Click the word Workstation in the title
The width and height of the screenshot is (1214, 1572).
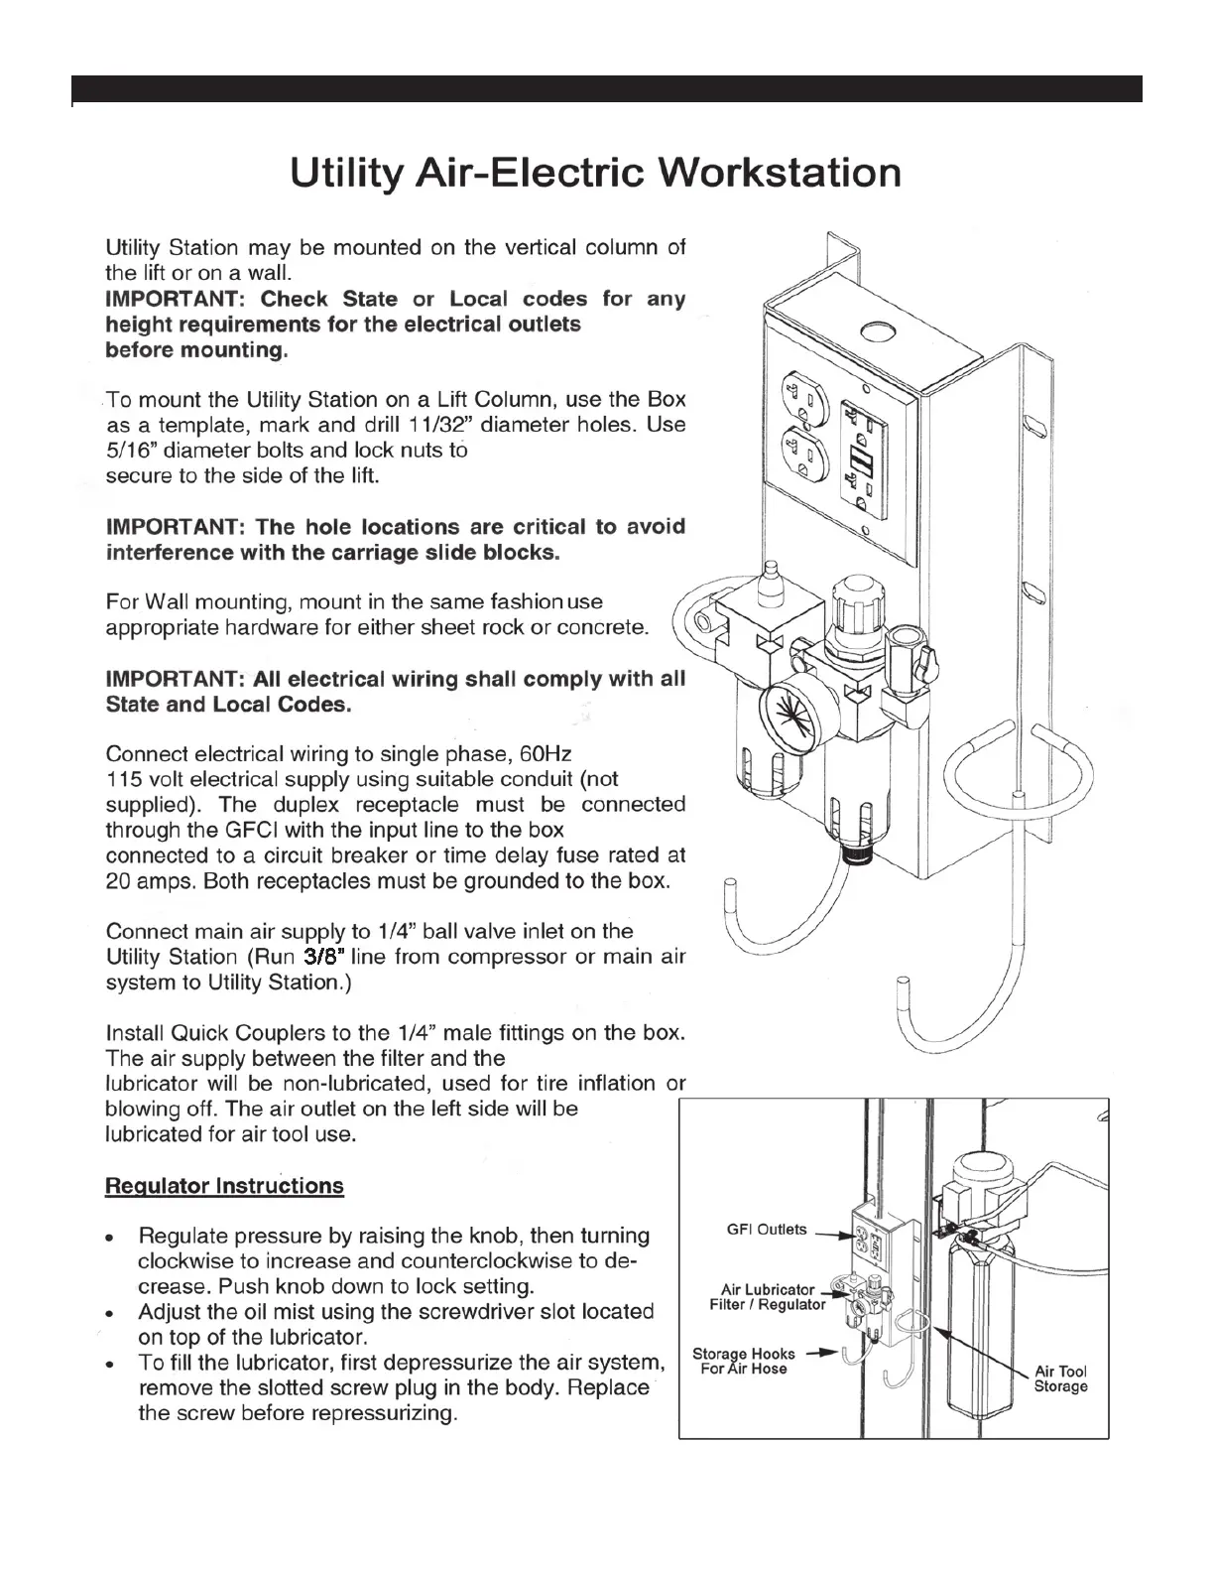coord(781,174)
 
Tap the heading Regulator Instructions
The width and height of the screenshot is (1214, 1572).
coord(224,1186)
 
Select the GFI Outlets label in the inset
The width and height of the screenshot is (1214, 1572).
coord(767,1230)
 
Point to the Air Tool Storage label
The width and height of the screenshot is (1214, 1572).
coord(1060,1378)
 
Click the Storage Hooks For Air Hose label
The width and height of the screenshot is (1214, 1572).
coord(743,1361)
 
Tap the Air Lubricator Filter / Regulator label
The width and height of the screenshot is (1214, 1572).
coord(767,1297)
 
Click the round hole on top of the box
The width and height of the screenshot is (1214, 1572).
coord(878,330)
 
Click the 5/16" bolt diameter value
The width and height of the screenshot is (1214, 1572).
coord(127,451)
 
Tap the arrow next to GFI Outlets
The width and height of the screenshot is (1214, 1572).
coord(833,1236)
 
